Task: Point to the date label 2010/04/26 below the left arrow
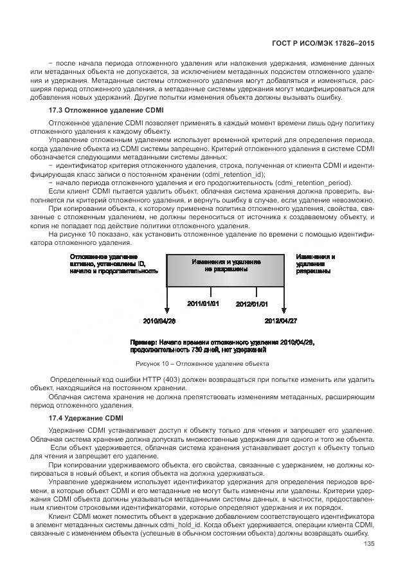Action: [159, 320]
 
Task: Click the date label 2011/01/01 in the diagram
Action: [203, 303]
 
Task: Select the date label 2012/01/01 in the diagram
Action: [252, 303]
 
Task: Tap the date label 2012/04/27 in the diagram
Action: [282, 320]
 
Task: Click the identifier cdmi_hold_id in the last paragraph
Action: [184, 524]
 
